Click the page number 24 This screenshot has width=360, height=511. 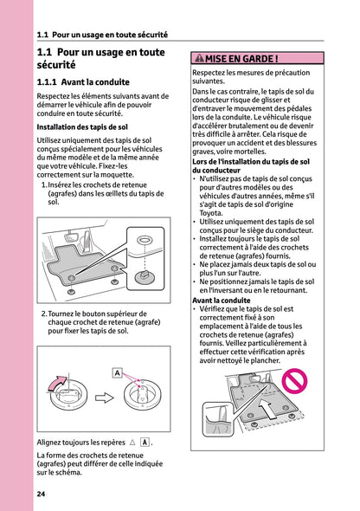click(41, 494)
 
